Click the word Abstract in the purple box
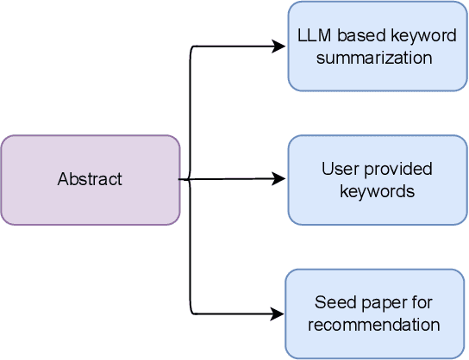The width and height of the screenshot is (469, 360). click(90, 180)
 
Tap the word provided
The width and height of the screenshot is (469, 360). click(395, 170)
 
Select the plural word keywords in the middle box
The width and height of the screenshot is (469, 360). click(377, 190)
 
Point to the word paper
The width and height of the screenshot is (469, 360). click(373, 303)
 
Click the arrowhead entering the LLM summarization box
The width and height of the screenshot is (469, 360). click(280, 47)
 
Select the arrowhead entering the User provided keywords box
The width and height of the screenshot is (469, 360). click(280, 179)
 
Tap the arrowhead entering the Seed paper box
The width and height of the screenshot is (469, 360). click(278, 313)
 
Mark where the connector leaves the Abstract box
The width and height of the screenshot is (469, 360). click(181, 179)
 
